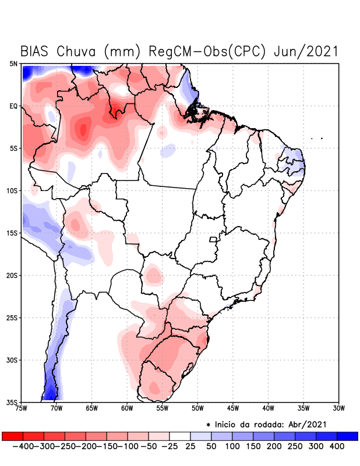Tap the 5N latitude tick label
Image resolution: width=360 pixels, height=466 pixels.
coord(13,63)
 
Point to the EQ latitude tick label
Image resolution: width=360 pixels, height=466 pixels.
coord(13,106)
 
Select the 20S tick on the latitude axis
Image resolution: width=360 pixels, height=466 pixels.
coord(12,275)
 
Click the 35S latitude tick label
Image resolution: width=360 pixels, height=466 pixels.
coord(12,402)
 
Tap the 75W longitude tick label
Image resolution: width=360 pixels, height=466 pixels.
coord(22,408)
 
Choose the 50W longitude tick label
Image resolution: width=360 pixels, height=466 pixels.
coord(197,408)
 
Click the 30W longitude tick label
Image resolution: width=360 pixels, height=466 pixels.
coord(339,408)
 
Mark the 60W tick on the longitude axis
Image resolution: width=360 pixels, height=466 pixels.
coord(127,408)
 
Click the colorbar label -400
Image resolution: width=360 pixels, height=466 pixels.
coord(22,446)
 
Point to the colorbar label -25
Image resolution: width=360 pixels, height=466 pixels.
coord(169,446)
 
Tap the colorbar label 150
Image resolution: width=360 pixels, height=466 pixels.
coord(253,446)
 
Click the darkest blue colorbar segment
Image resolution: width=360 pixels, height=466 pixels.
coord(347,436)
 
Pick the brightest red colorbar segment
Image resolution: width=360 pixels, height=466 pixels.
coord(12,436)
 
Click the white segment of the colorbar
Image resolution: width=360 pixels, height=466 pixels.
coord(180,436)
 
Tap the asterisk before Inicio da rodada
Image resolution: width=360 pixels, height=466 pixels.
coord(208,424)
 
